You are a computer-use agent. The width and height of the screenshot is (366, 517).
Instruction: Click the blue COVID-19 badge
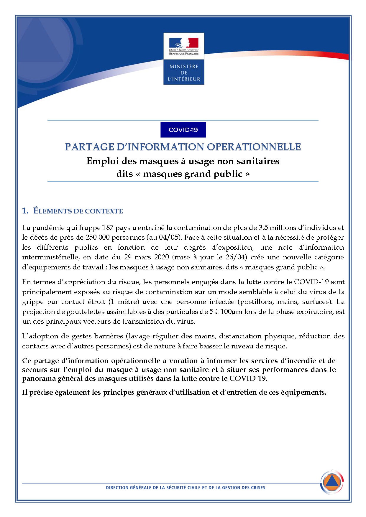(183, 130)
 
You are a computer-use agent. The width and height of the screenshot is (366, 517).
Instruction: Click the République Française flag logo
(184, 46)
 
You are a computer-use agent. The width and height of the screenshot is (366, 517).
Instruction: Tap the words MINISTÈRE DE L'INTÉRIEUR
(184, 73)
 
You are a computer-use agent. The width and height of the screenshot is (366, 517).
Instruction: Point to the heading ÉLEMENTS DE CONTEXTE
(78, 211)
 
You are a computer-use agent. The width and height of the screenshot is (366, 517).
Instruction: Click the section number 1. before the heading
(25, 211)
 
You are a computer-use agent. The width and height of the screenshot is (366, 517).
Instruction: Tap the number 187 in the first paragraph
(108, 228)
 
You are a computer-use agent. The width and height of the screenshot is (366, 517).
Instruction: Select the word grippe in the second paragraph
(33, 302)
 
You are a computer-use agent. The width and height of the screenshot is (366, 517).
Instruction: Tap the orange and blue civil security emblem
(332, 483)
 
